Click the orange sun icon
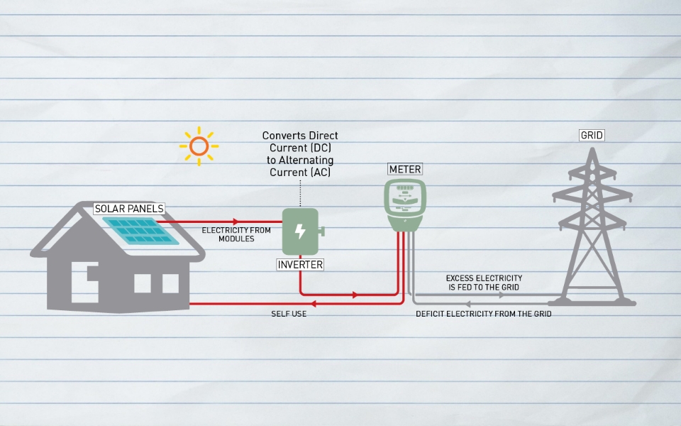pos(199,146)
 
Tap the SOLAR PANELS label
pos(130,209)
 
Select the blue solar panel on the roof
pos(150,229)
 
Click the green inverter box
pos(301,231)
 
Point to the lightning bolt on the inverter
pos(300,231)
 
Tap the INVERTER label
pos(300,265)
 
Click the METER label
pos(405,170)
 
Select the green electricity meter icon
pos(405,204)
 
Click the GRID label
pos(592,135)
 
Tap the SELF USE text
pos(289,314)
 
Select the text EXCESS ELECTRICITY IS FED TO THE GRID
pos(484,283)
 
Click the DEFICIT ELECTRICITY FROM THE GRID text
pos(484,314)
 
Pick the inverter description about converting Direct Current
pos(300,154)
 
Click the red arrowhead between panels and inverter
pos(236,222)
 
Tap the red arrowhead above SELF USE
pos(313,304)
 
